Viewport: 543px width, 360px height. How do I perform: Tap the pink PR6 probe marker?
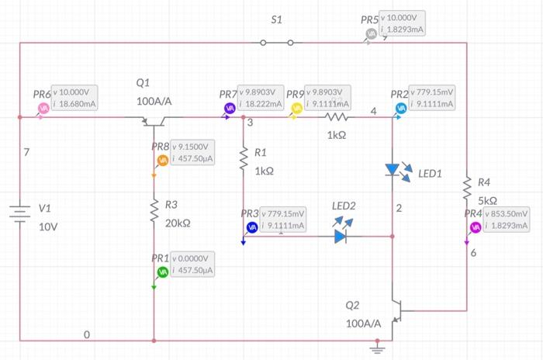(43, 108)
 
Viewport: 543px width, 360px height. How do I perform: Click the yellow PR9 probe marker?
(296, 108)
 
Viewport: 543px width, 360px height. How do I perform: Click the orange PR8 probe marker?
(162, 160)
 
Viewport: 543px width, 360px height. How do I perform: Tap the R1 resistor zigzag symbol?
(244, 159)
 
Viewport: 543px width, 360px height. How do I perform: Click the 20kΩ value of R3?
(179, 223)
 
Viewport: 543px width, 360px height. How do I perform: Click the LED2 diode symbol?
(342, 235)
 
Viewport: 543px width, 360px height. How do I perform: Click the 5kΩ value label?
(478, 200)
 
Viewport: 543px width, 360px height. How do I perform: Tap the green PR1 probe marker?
(162, 272)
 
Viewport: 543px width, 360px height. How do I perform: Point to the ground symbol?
(379, 348)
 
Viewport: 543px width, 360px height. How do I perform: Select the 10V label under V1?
(49, 227)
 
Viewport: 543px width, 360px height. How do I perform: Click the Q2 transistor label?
(353, 305)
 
